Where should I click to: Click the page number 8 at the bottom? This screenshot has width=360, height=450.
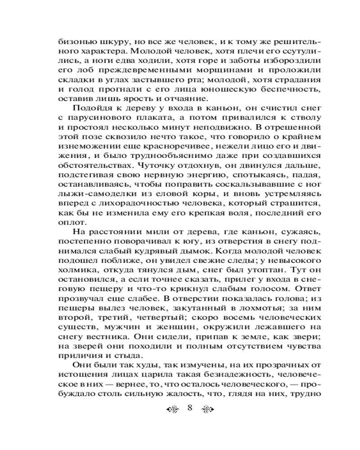[189, 408]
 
